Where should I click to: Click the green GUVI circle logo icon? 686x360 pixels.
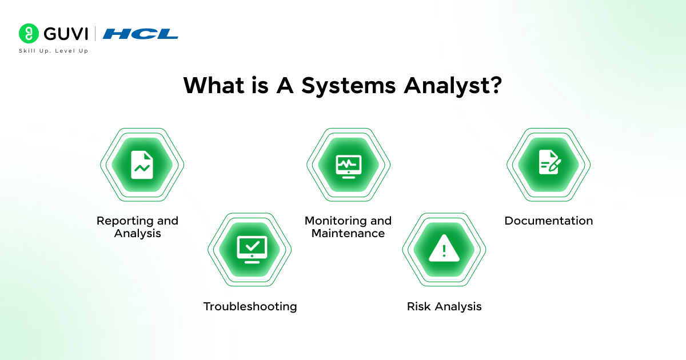[x=29, y=34]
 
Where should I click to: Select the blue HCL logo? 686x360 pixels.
[x=141, y=34]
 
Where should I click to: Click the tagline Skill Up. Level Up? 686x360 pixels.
[x=53, y=51]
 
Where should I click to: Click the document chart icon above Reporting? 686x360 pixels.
[x=142, y=165]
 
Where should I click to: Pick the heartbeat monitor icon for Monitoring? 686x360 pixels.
[x=348, y=165]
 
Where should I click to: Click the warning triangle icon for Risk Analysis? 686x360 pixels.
[x=444, y=250]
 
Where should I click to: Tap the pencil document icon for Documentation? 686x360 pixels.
[x=549, y=165]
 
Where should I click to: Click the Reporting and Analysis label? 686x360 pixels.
[x=137, y=227]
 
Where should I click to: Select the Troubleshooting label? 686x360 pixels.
[x=250, y=306]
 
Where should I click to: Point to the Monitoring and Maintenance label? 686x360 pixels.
[x=348, y=227]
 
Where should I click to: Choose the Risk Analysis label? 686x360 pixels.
[x=444, y=306]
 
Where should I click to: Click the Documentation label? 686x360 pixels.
[x=548, y=221]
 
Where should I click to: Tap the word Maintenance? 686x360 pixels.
[x=348, y=233]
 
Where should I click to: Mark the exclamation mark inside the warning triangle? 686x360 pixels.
[x=444, y=251]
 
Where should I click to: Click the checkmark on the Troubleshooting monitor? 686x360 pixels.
[x=252, y=246]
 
